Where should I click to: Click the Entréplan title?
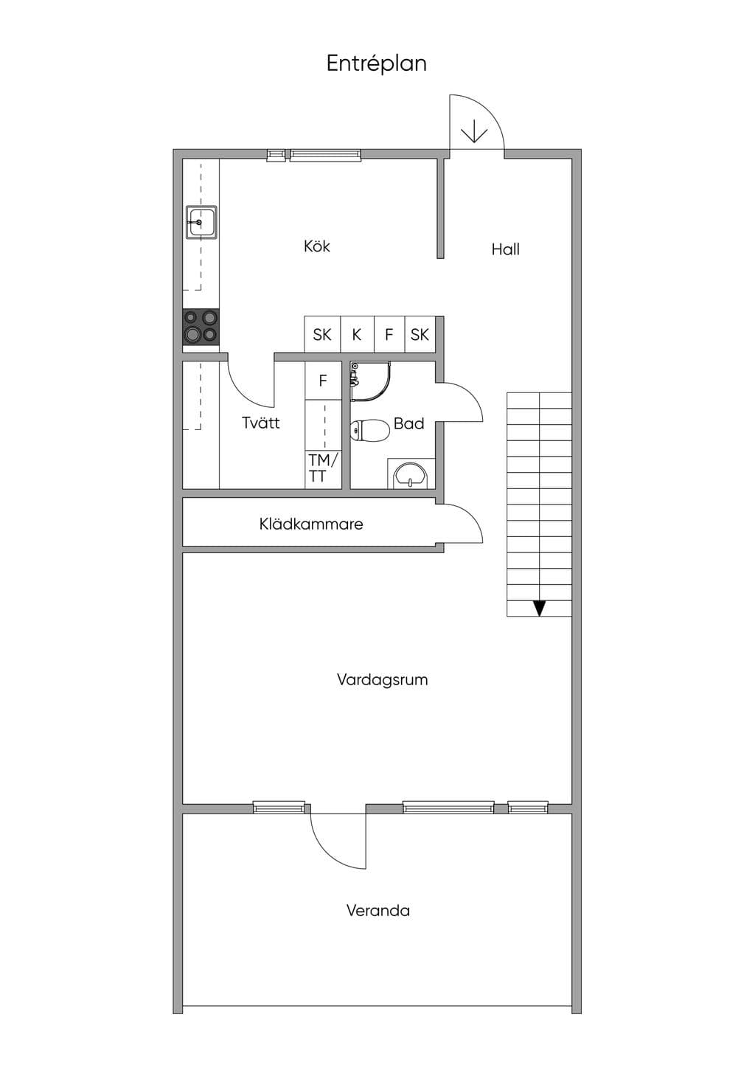(377, 64)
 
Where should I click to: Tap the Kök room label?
(317, 246)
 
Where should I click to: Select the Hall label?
(506, 249)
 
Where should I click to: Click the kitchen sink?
(201, 222)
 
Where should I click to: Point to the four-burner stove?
(201, 327)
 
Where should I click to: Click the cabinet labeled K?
(357, 335)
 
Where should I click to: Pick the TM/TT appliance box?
(323, 469)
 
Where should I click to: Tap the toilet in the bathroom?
(370, 429)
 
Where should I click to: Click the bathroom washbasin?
(411, 474)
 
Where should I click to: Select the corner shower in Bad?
(370, 382)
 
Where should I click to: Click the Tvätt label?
(261, 423)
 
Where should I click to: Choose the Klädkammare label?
(311, 524)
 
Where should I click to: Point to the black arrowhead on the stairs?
(539, 608)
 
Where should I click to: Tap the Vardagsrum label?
(382, 679)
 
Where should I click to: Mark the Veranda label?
(378, 911)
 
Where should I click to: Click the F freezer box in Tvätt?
(323, 381)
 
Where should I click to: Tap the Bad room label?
(409, 423)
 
